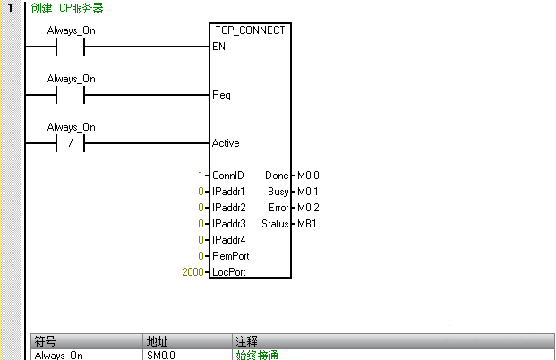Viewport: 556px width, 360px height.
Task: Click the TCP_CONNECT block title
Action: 250,30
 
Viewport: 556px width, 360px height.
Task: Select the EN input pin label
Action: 218,47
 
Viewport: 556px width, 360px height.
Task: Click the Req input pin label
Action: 221,95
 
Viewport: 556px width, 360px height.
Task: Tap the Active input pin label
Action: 226,143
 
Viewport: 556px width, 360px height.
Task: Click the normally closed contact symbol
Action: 70,143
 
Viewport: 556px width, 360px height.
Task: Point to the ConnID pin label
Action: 227,176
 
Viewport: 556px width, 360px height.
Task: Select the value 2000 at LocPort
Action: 193,271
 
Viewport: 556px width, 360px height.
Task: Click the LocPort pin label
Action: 229,271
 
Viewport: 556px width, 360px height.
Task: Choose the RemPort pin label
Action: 230,255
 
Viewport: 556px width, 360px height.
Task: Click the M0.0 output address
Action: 308,176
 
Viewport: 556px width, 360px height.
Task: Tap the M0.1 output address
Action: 308,192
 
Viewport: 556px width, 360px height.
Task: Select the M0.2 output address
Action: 308,208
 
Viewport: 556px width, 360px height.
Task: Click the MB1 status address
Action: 306,223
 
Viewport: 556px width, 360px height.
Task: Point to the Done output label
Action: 277,176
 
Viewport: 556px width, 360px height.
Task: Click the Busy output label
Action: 278,192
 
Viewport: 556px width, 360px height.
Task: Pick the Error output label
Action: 278,208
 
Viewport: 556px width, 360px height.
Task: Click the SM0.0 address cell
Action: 161,356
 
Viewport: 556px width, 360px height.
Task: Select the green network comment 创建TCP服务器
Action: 67,9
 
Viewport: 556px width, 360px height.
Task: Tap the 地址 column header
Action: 157,341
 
